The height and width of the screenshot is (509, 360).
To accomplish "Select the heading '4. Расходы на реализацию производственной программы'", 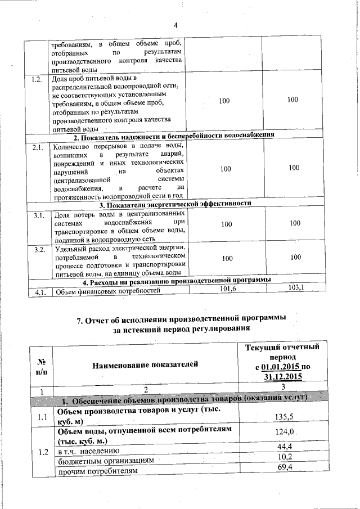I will click(177, 280).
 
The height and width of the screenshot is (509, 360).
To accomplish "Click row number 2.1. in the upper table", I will click(38, 148).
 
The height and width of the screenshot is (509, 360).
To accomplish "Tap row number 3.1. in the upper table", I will click(38, 215).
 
